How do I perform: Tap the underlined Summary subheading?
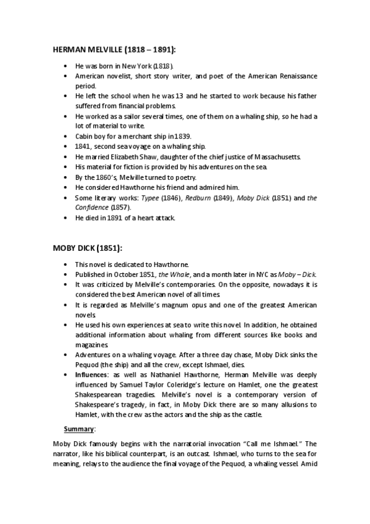tap(77, 428)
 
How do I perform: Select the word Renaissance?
tap(295, 76)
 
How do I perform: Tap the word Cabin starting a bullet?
tap(85, 136)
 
